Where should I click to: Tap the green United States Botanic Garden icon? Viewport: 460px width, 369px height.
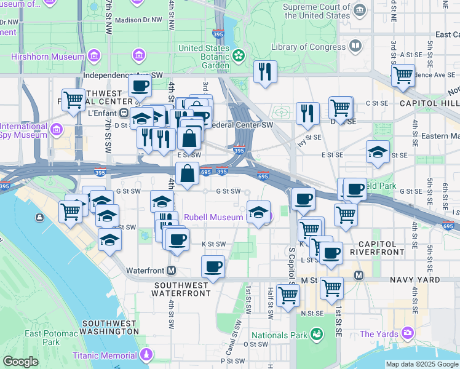click(239, 57)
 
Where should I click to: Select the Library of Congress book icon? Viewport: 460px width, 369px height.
click(355, 47)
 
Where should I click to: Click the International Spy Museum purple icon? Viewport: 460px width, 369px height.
click(57, 130)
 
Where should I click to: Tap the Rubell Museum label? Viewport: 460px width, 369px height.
click(214, 216)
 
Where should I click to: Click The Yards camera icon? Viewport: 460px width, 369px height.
click(407, 333)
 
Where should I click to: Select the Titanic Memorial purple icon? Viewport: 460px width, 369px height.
click(146, 355)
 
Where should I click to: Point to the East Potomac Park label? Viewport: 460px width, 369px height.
click(51, 338)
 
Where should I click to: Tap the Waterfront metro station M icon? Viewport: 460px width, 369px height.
click(172, 271)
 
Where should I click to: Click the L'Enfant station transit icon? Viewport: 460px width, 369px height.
click(124, 113)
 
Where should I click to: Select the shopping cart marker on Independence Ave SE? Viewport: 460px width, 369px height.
click(403, 75)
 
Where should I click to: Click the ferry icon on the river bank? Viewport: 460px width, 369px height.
click(40, 217)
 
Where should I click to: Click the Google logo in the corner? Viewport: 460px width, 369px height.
click(20, 362)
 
